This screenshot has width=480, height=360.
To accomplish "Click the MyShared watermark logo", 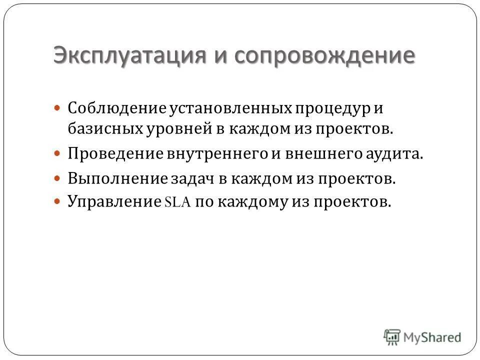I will pos(423,336).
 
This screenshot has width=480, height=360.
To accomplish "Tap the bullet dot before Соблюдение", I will pos(57,107).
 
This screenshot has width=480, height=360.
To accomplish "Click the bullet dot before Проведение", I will pos(57,153).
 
